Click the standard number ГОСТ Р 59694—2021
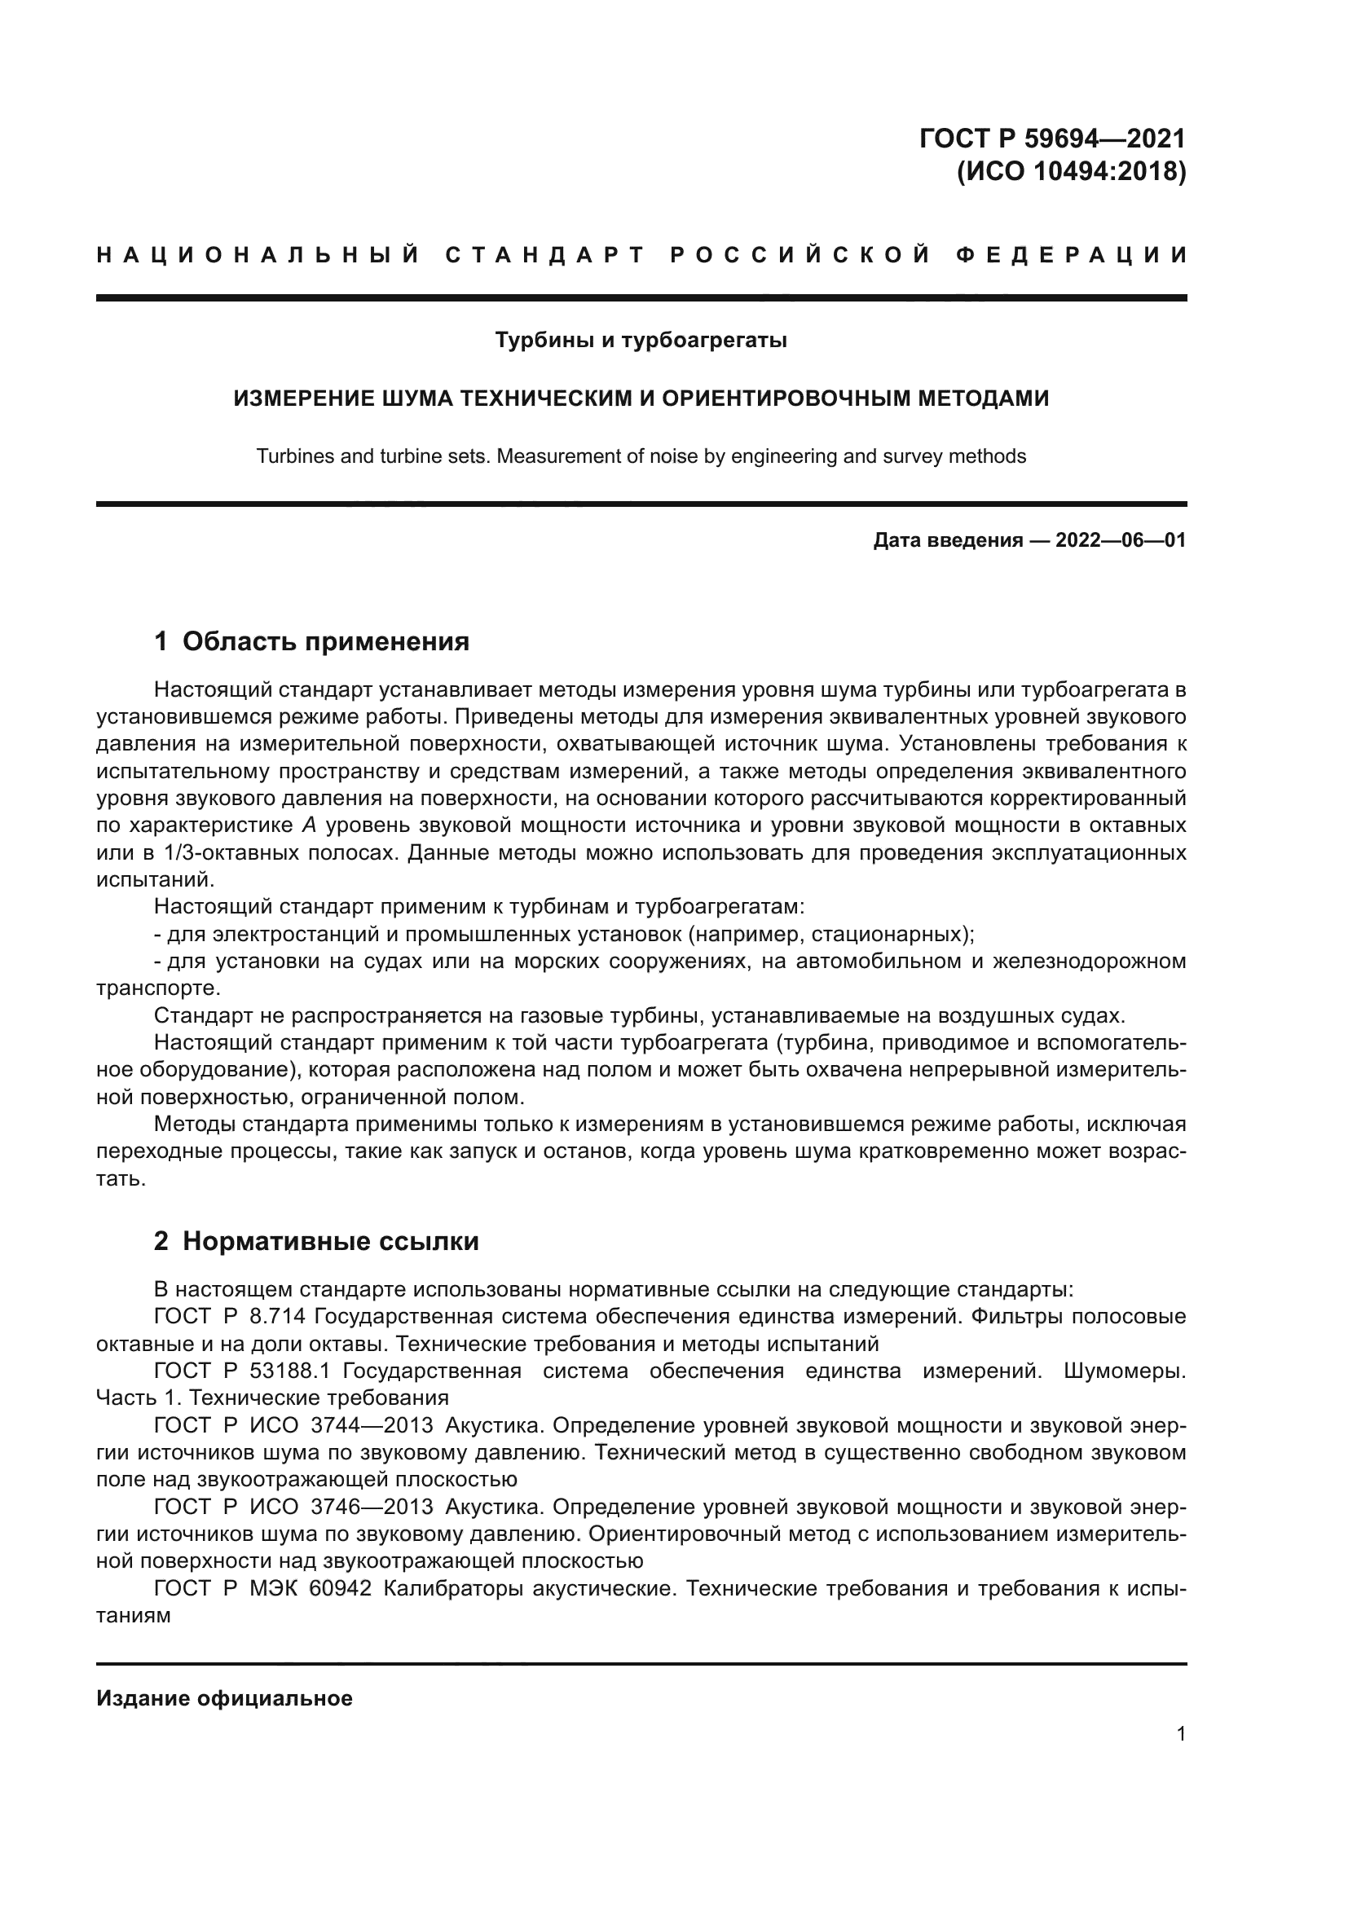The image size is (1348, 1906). tap(1051, 138)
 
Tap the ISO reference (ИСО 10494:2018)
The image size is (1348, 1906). tap(1071, 172)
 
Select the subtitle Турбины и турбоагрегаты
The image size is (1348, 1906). tap(641, 341)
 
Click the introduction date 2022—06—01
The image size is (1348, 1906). tap(1120, 541)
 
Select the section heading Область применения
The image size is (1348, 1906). tap(325, 641)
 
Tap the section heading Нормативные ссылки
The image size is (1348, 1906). tap(330, 1241)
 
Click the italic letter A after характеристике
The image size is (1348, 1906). tap(308, 826)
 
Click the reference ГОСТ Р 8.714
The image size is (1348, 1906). tap(230, 1317)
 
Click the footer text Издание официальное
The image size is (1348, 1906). tap(224, 1698)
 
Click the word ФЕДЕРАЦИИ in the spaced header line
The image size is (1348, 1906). tap(1072, 255)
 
